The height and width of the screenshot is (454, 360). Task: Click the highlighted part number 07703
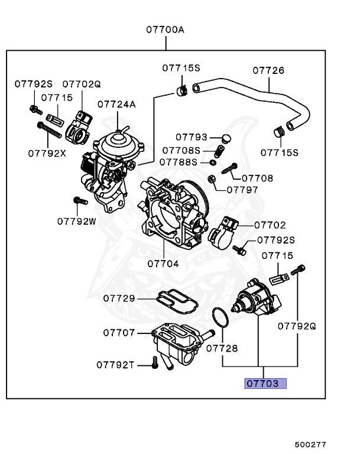[265, 383]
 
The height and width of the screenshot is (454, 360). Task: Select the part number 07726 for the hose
[268, 71]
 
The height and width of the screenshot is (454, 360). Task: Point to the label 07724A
[116, 105]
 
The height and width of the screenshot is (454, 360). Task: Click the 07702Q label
[82, 85]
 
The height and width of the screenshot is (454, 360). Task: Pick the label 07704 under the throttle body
[163, 264]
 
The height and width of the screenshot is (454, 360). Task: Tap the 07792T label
[116, 365]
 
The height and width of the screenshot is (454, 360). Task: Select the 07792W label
[76, 222]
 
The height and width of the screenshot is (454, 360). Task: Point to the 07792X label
[47, 153]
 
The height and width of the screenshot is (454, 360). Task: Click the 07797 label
[242, 190]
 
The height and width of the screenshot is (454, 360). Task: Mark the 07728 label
[222, 349]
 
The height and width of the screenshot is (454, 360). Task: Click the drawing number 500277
[310, 443]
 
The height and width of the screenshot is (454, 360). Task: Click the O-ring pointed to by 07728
[220, 317]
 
